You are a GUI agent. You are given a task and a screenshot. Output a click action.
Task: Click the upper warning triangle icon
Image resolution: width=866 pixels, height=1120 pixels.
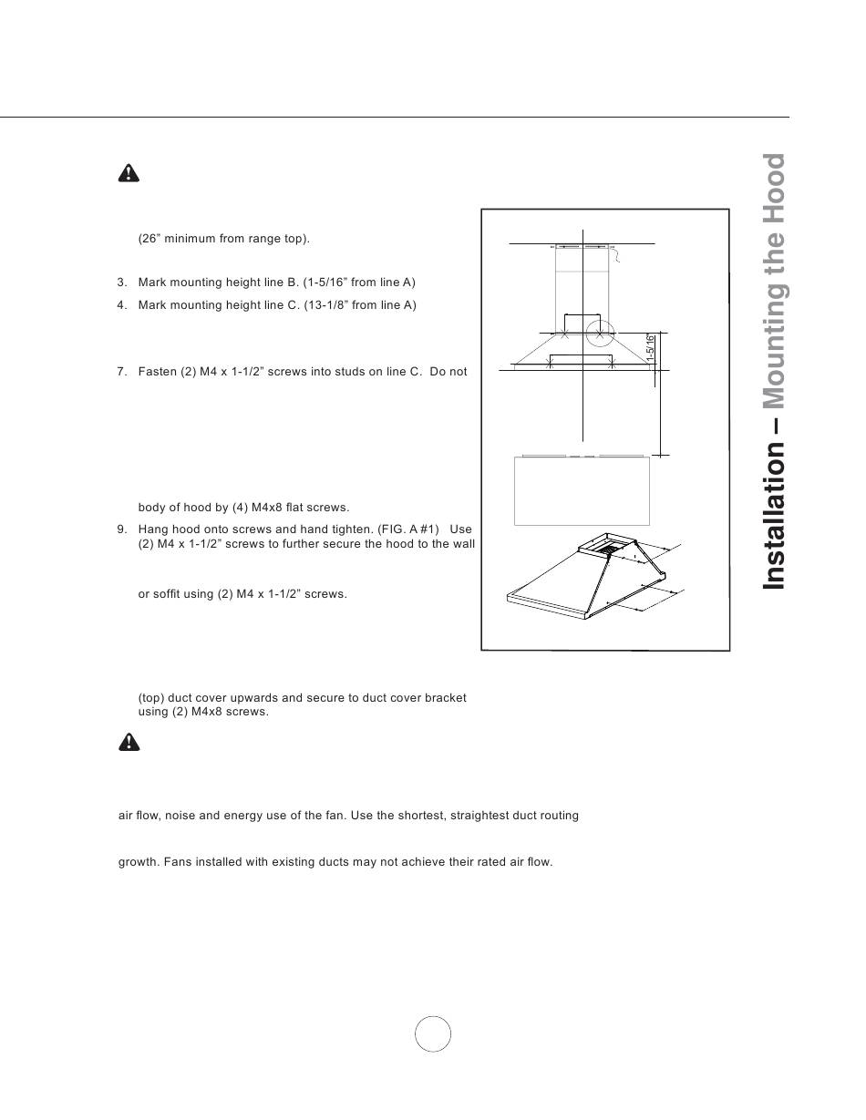tap(129, 173)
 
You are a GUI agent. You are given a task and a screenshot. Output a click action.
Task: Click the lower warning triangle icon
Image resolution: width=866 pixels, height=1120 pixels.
tap(129, 742)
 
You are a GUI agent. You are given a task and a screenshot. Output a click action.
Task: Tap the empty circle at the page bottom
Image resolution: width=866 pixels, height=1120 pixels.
tap(433, 1033)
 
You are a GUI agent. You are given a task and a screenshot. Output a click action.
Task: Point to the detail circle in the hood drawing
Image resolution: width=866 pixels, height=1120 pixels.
tap(600, 334)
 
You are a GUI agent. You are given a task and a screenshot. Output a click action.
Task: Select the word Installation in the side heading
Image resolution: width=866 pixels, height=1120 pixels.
tap(774, 515)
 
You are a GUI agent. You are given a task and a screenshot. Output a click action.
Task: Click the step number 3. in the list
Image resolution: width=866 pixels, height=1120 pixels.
tap(122, 283)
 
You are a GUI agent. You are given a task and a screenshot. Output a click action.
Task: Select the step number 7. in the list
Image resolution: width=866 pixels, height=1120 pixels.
tap(122, 372)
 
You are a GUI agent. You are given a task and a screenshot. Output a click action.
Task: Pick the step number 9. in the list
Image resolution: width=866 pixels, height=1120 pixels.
tap(122, 529)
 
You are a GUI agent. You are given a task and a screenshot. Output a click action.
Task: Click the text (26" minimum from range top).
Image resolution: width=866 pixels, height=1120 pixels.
tap(224, 239)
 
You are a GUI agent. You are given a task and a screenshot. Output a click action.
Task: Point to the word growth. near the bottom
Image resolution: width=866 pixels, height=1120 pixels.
tap(139, 861)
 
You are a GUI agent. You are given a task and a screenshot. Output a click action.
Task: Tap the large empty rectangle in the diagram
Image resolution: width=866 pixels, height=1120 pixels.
tap(582, 491)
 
